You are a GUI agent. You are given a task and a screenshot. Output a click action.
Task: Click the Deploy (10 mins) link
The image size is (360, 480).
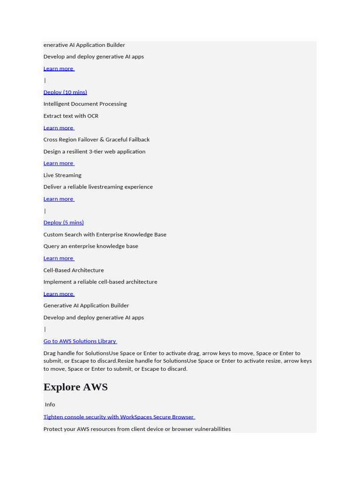pyautogui.click(x=65, y=92)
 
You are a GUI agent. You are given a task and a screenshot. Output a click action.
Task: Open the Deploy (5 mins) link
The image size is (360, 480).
pyautogui.click(x=64, y=223)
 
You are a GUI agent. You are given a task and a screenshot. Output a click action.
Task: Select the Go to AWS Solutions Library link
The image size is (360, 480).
pyautogui.click(x=80, y=341)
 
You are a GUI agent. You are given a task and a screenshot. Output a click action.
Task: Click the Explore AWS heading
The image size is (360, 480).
pyautogui.click(x=75, y=387)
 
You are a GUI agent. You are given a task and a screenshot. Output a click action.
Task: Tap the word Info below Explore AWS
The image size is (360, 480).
pyautogui.click(x=50, y=405)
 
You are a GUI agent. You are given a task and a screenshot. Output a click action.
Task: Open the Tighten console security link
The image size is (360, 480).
pyautogui.click(x=119, y=417)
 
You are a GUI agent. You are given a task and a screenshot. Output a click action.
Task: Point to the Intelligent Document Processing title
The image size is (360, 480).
pyautogui.click(x=85, y=104)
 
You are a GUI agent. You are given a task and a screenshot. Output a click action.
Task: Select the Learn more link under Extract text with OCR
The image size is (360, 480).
pyautogui.click(x=59, y=128)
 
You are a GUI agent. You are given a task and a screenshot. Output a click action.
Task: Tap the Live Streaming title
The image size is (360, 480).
pyautogui.click(x=62, y=175)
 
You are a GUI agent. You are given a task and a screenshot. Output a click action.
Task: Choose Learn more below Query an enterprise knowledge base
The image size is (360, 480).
pyautogui.click(x=59, y=258)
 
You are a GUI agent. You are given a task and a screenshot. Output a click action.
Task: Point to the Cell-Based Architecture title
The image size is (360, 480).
pyautogui.click(x=74, y=270)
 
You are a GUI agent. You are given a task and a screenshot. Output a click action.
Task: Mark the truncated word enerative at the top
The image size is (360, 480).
pyautogui.click(x=56, y=45)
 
